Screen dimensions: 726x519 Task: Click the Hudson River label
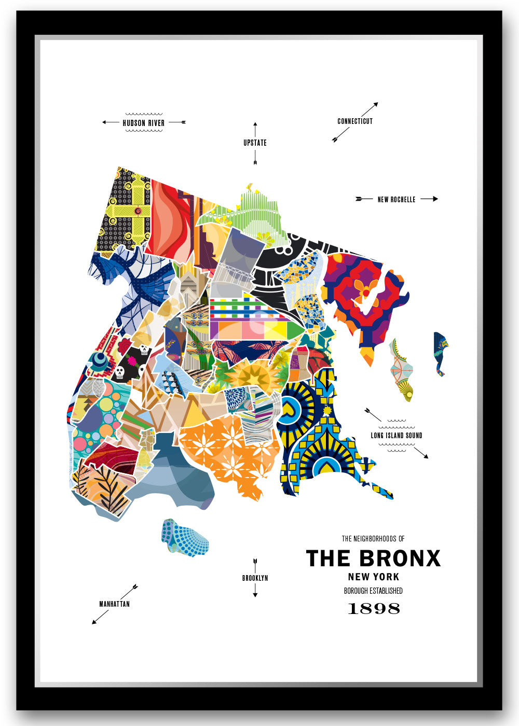pos(143,123)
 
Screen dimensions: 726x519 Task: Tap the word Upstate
pos(255,143)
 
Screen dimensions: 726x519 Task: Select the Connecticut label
pos(355,121)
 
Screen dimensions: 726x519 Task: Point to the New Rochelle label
pos(396,199)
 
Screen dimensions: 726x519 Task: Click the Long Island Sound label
pos(397,436)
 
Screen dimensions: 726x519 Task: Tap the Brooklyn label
pos(255,578)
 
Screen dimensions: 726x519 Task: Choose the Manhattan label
pos(114,604)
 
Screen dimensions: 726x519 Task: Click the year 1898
pos(373,608)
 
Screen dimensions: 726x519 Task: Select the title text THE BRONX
pos(373,559)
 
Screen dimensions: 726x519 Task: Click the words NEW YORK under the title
pos(373,577)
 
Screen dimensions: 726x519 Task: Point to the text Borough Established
pos(373,591)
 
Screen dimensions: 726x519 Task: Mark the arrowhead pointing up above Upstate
pos(255,125)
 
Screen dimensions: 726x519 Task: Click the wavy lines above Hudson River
pos(144,114)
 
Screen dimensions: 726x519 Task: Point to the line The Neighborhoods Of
pos(373,539)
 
